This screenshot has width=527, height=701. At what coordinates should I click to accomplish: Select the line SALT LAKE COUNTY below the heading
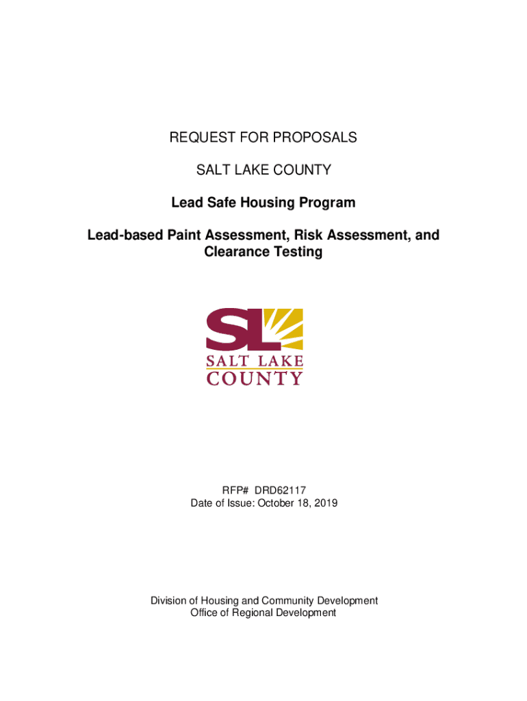263,170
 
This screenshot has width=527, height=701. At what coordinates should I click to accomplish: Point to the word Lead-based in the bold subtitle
122,235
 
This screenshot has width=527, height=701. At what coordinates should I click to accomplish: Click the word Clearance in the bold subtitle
236,252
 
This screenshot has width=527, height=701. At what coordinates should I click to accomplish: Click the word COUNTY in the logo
255,378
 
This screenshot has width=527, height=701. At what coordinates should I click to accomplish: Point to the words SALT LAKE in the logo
255,361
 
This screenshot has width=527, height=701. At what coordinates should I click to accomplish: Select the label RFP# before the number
235,490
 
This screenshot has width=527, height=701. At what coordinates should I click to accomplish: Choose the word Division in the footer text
168,600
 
